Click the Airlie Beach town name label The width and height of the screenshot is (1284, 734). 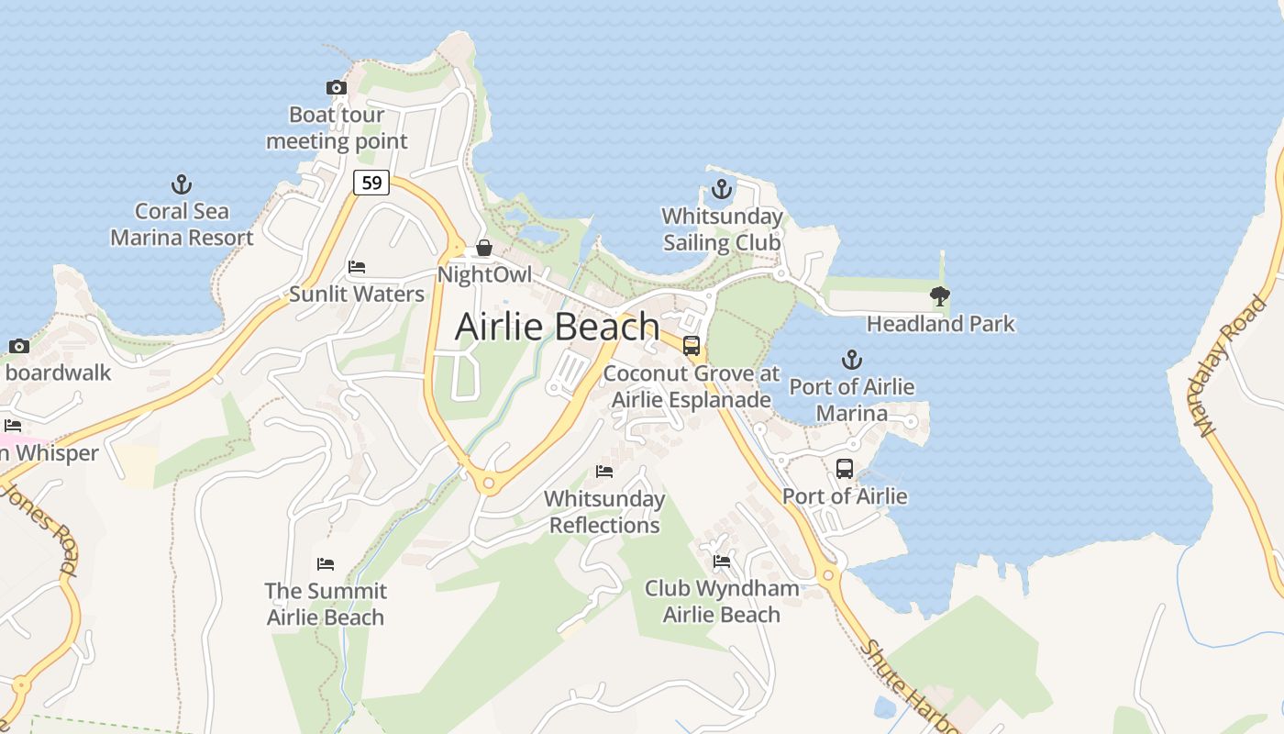tap(557, 327)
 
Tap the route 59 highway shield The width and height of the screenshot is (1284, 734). tap(371, 183)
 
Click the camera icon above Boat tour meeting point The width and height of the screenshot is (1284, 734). tap(337, 88)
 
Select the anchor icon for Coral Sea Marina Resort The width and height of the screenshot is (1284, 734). tap(182, 184)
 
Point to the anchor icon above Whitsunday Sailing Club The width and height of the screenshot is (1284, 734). tap(722, 190)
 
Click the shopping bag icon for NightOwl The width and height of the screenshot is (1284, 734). tap(483, 249)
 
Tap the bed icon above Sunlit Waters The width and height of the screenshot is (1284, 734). tap(357, 267)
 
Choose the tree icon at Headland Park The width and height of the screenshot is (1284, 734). tap(939, 295)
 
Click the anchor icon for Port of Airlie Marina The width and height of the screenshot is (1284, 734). tap(852, 360)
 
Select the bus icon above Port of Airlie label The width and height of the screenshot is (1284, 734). tap(845, 469)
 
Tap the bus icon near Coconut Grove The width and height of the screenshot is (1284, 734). tap(692, 346)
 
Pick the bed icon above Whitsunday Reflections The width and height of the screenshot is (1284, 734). tap(604, 472)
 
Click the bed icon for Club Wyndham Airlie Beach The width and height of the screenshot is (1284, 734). tap(722, 561)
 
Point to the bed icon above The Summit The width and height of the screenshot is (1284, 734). tap(326, 563)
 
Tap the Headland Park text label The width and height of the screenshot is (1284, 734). tap(941, 324)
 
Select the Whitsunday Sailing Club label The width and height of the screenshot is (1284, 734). tap(723, 229)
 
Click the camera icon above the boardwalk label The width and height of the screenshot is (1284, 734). tap(19, 346)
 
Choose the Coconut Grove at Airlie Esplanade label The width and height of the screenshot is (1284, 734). tap(692, 386)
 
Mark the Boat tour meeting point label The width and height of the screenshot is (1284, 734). tap(337, 128)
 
